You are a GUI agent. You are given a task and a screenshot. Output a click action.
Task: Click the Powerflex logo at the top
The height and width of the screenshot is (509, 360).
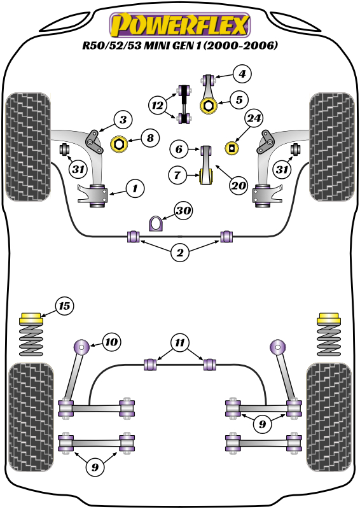(x=180, y=25)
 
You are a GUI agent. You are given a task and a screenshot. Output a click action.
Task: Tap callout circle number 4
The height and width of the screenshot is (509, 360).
(x=242, y=74)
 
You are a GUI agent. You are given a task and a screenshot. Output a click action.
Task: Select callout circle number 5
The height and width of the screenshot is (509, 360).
(x=239, y=100)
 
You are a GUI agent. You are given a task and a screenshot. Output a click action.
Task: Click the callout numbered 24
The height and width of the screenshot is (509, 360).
(x=254, y=118)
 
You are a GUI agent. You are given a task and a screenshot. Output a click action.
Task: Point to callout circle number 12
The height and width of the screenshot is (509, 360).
(x=158, y=105)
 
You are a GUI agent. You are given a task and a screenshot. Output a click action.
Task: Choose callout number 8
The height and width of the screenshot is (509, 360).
(x=150, y=138)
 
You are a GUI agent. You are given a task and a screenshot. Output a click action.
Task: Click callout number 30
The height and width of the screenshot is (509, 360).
(x=183, y=211)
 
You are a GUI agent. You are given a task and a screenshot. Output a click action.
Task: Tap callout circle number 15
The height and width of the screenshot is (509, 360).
(x=64, y=306)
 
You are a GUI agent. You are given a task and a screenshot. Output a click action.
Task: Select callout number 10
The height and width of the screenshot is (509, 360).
(x=111, y=342)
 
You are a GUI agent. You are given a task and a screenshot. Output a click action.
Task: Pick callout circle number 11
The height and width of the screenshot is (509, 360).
(x=180, y=343)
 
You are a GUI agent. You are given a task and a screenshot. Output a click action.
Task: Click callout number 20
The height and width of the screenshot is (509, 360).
(x=239, y=185)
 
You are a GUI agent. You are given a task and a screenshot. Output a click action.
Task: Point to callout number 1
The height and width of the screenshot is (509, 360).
(x=135, y=188)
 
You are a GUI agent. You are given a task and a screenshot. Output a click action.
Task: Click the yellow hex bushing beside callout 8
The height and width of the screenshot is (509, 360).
(x=119, y=144)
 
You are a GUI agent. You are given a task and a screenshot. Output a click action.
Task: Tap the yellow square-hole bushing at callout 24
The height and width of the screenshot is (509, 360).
(x=232, y=148)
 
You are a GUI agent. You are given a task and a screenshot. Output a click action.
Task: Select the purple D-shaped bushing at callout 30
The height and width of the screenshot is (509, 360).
(x=155, y=224)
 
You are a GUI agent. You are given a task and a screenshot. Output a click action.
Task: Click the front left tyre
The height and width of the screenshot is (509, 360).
(x=28, y=147)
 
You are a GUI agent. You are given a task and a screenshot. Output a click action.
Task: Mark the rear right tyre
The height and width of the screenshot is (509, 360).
(x=329, y=417)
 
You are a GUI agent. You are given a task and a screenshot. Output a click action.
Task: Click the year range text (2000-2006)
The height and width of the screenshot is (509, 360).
(x=240, y=45)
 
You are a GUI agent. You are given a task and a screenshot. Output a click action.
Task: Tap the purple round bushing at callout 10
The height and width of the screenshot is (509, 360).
(x=81, y=347)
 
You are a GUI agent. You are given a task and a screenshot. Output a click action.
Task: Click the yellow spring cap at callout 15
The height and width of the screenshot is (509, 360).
(x=31, y=319)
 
